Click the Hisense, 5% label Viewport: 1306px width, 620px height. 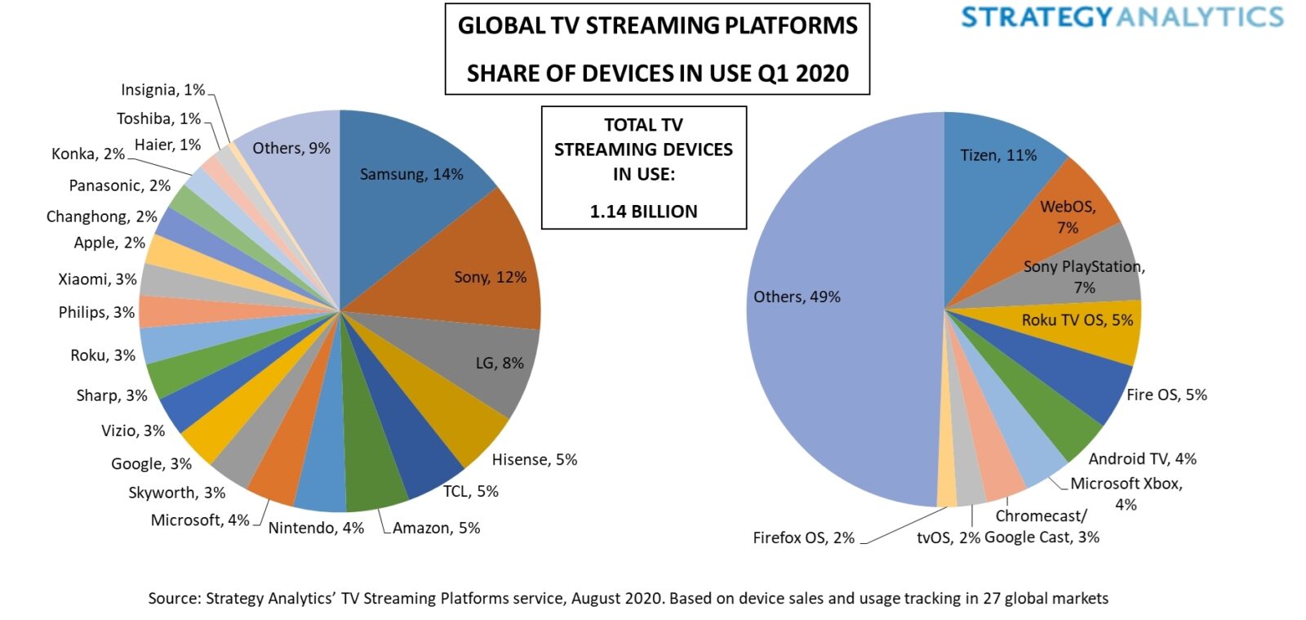pos(534,460)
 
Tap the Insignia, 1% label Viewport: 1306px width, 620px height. pos(162,90)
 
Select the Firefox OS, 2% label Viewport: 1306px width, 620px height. pos(803,537)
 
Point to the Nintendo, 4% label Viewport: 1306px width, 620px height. pos(316,528)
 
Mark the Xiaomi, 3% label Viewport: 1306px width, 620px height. pos(97,279)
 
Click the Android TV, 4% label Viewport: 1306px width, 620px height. pos(1142,459)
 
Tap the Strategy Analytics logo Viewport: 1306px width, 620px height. pos(1122,17)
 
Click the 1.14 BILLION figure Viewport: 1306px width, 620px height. pos(643,212)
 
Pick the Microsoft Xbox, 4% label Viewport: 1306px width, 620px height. pos(1126,484)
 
